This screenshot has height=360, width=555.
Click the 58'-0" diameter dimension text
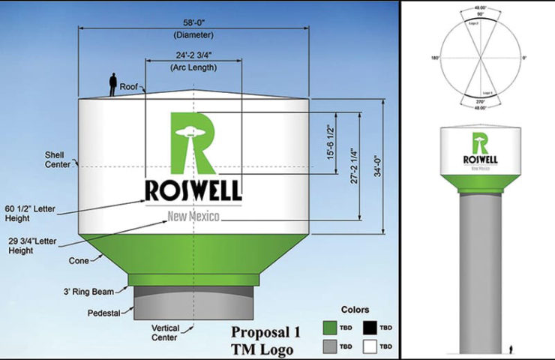(x=194, y=23)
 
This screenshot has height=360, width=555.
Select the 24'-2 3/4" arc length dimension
(x=194, y=55)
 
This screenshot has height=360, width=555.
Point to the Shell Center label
(x=58, y=159)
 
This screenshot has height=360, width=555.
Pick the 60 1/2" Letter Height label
(x=29, y=213)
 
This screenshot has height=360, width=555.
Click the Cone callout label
(x=80, y=261)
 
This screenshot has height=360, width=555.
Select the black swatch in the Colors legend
(x=367, y=327)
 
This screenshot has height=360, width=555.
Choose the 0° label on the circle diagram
(x=524, y=57)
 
